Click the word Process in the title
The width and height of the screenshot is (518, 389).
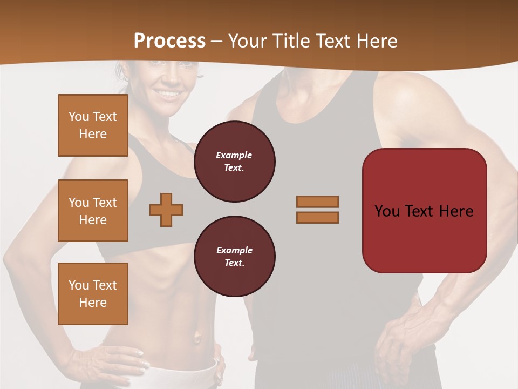pos(169,41)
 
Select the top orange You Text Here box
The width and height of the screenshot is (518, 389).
pos(93,125)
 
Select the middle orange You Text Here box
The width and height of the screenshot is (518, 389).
pos(93,211)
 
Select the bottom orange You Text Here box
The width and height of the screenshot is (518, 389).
pos(93,293)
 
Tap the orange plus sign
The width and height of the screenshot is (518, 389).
pos(166,210)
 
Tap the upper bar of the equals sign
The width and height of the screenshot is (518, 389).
pos(317,202)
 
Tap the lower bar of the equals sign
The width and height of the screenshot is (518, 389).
pos(317,217)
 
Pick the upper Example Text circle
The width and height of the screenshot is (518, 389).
pos(234,162)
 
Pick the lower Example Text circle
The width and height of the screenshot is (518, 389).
pos(234,257)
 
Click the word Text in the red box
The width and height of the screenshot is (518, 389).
pos(425,211)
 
